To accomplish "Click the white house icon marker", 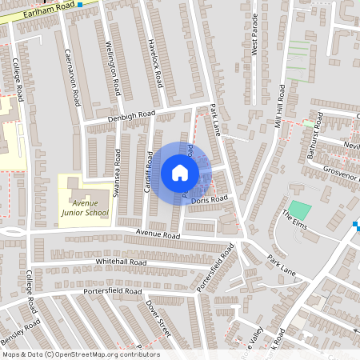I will pyautogui.click(x=179, y=173).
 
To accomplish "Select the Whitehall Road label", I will pyautogui.click(x=121, y=262).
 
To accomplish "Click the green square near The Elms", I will pyautogui.click(x=299, y=211).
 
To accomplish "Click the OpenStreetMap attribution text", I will pyautogui.click(x=80, y=354).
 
